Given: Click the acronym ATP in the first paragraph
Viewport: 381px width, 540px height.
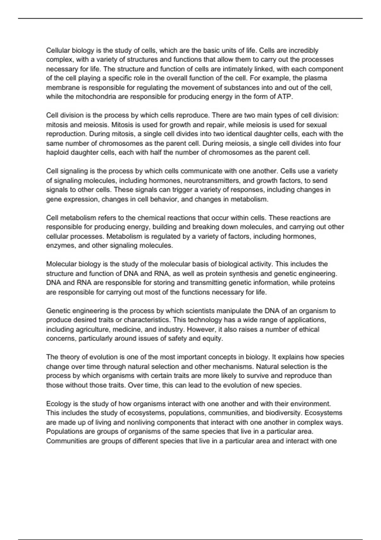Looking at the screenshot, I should (285, 97).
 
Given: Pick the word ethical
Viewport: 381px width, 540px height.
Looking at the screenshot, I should (306, 329).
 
